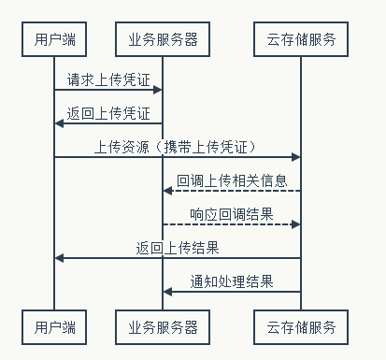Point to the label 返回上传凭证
click(x=108, y=113)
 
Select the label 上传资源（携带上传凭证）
click(x=178, y=147)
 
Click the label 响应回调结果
click(x=232, y=214)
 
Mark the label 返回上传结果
click(x=178, y=248)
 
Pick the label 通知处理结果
click(x=232, y=281)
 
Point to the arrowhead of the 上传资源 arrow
click(x=296, y=157)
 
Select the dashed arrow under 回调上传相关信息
click(x=232, y=191)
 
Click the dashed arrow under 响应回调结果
click(x=232, y=224)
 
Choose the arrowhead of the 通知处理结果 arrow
click(x=167, y=292)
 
